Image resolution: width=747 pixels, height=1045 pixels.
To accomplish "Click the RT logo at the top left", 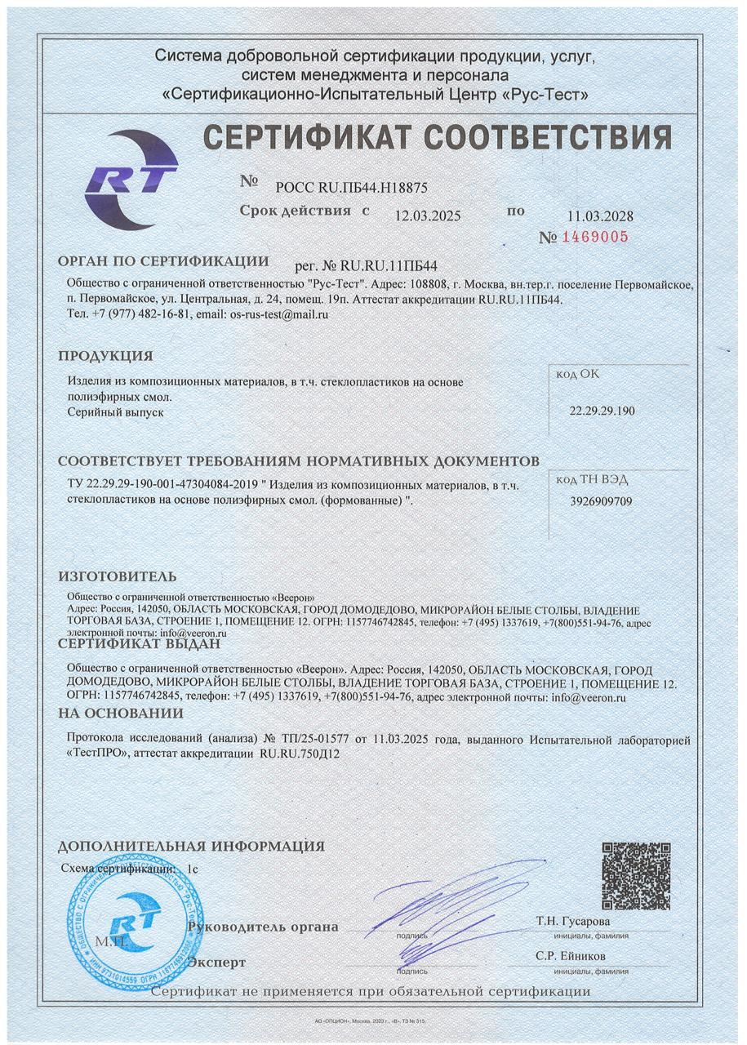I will [131, 180].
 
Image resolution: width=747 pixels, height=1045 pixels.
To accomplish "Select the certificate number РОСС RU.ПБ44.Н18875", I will [352, 186].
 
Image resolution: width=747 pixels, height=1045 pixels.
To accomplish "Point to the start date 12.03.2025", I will [428, 216].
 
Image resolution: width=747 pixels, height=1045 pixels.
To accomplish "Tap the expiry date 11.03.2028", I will [600, 216].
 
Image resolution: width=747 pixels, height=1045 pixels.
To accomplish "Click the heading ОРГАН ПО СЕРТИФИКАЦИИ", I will [163, 261].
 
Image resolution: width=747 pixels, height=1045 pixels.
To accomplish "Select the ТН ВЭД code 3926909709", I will [601, 501].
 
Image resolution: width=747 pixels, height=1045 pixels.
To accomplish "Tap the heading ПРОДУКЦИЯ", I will [105, 356].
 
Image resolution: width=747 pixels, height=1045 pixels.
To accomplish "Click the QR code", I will [636, 876].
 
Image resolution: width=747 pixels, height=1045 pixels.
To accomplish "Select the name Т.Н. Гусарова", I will [572, 922].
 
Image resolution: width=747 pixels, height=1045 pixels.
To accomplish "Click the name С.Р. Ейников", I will [571, 956].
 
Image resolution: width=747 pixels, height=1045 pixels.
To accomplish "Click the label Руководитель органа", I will [262, 927].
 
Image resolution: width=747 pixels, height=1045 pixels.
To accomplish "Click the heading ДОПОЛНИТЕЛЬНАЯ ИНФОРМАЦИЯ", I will [191, 846].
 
